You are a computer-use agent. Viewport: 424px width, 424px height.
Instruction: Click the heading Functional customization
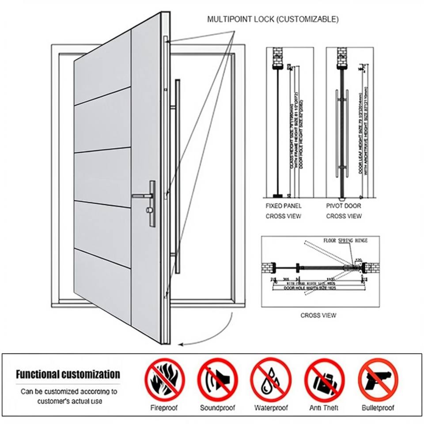(68, 375)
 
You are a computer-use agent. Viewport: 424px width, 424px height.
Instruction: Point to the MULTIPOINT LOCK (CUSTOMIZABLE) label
(273, 19)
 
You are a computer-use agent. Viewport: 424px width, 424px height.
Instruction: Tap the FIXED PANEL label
(283, 206)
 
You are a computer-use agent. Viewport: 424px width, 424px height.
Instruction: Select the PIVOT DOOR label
(344, 206)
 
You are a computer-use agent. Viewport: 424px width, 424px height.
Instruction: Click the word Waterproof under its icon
(271, 408)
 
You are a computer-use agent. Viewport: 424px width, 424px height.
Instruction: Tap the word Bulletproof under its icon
(378, 408)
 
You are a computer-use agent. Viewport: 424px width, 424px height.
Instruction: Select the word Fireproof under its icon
(164, 408)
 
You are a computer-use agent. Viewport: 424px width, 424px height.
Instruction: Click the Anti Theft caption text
(324, 408)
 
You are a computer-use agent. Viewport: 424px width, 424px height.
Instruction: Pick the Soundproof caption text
(217, 408)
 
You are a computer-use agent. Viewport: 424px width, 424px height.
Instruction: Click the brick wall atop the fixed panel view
(277, 57)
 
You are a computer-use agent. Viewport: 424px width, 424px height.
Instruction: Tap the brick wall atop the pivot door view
(343, 57)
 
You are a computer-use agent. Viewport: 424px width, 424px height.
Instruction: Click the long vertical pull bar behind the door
(178, 177)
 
